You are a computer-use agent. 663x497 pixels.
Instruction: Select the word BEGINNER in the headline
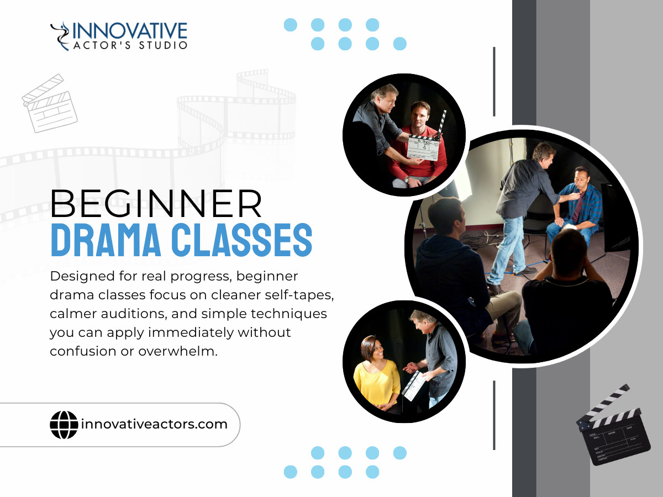[156, 204]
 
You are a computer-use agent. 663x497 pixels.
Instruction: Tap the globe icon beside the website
[64, 425]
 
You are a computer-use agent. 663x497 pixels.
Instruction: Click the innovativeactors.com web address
[154, 424]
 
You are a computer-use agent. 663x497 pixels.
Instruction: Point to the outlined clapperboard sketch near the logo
[50, 103]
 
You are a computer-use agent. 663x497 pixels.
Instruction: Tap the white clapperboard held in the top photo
[423, 147]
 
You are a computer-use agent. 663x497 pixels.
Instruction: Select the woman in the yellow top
[377, 375]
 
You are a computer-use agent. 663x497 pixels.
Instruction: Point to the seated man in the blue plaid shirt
[576, 204]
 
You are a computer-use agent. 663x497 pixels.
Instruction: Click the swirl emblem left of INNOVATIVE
[60, 35]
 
